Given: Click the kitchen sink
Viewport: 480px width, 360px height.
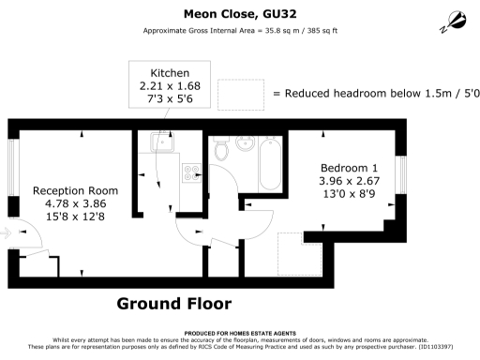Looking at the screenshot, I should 158,142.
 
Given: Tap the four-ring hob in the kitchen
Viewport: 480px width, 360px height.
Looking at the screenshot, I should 192,172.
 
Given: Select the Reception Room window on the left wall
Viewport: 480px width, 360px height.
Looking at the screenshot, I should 12,166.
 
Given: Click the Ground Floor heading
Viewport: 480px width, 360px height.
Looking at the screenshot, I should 173,304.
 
